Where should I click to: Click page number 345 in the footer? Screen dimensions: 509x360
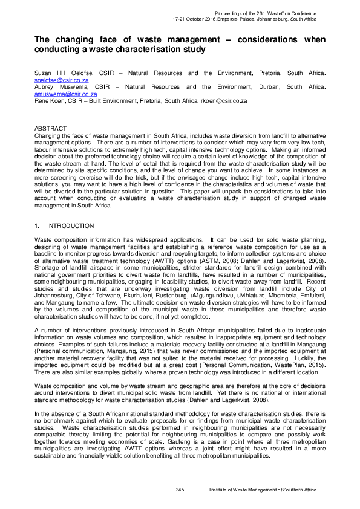tap(180, 489)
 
